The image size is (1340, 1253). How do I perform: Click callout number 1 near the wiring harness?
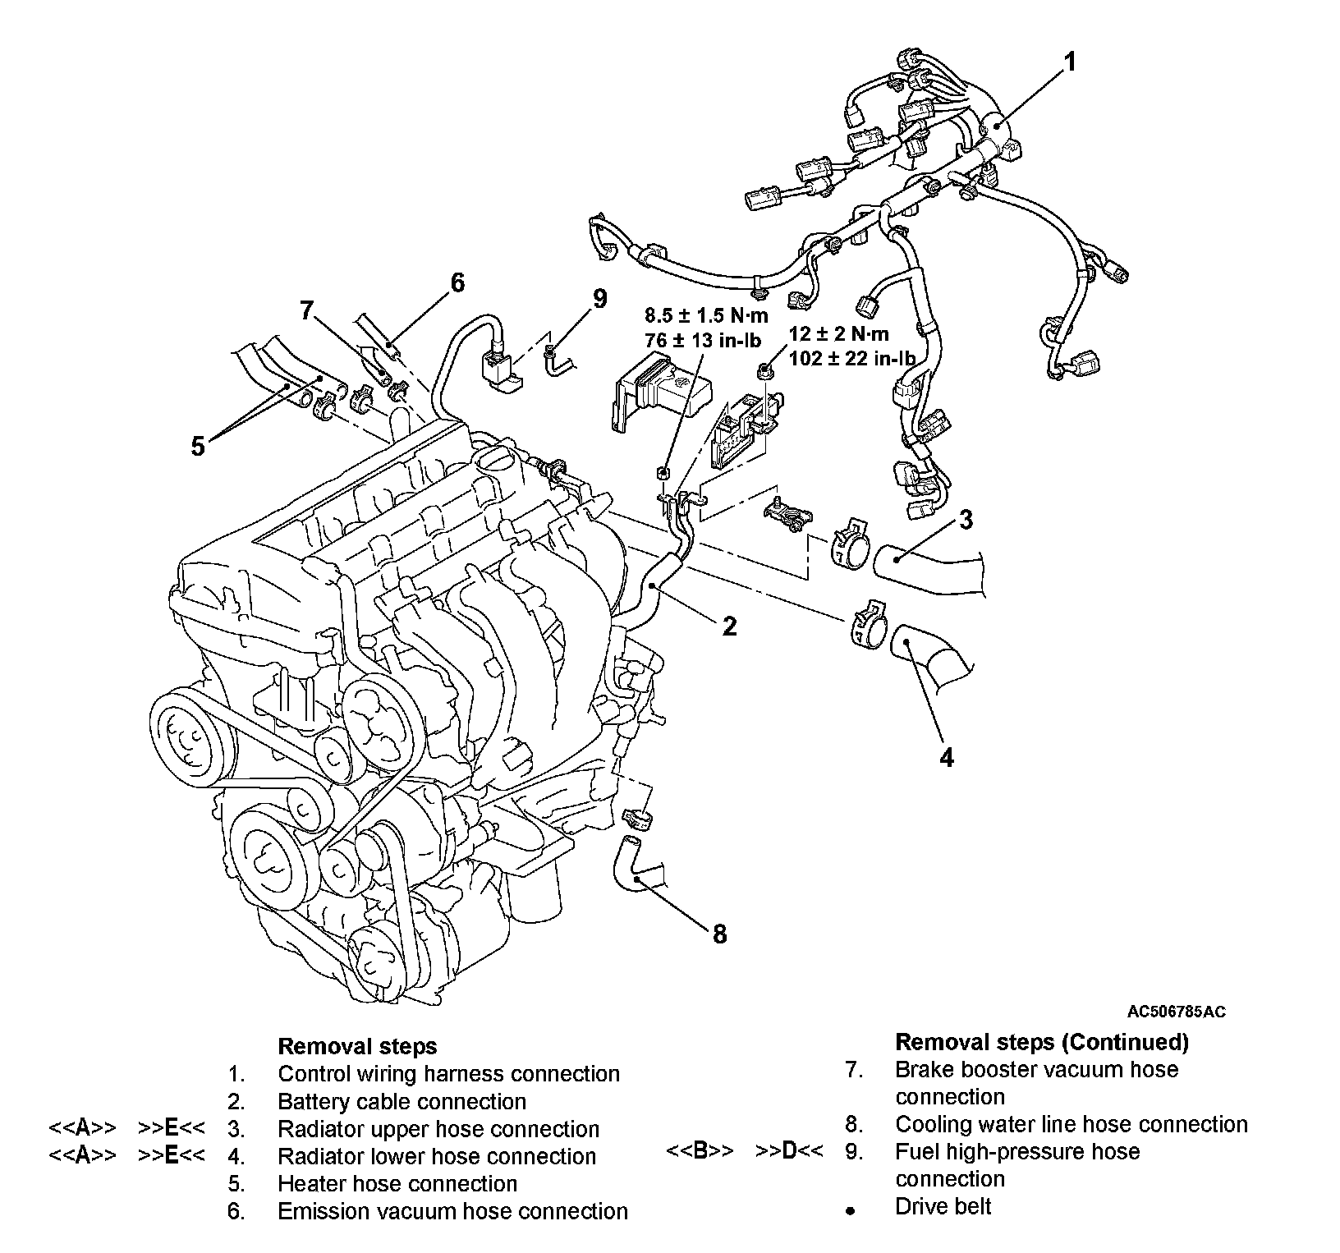click(1069, 62)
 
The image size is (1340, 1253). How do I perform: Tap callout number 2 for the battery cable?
click(729, 626)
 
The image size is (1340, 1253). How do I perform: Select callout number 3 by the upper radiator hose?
click(966, 520)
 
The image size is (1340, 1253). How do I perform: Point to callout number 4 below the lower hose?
click(947, 757)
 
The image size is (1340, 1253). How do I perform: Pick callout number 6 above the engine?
click(457, 283)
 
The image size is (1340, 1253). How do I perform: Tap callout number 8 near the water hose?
click(719, 934)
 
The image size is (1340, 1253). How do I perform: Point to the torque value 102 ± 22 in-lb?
click(851, 357)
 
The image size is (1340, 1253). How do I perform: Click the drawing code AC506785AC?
click(1176, 1012)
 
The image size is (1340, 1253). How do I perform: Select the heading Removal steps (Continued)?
click(1041, 1042)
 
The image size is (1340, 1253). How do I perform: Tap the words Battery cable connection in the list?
click(402, 1101)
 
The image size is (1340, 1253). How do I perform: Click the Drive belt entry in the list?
click(943, 1206)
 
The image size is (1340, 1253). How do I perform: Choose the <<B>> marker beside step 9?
click(700, 1151)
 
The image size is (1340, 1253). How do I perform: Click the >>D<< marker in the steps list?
click(788, 1151)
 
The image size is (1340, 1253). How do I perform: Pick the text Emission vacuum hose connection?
click(452, 1211)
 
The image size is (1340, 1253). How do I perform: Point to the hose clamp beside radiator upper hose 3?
click(849, 544)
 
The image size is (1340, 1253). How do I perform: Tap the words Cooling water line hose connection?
click(1071, 1124)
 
